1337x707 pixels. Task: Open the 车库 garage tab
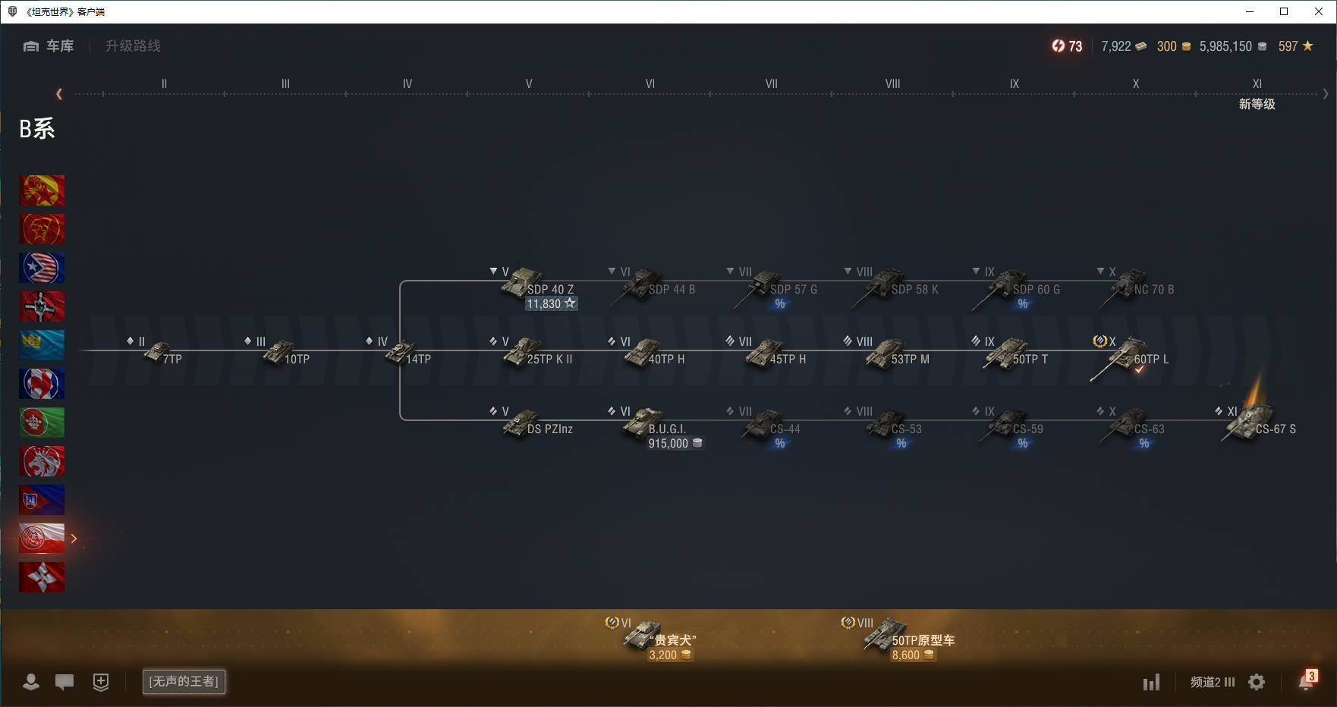tap(49, 46)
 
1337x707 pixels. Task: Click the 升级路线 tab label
tap(133, 46)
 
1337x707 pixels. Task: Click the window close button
tap(1319, 11)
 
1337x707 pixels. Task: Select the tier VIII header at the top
tap(892, 83)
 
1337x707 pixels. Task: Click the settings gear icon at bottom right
tap(1257, 682)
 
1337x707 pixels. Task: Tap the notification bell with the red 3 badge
tap(1306, 681)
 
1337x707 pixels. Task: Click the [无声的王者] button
tap(184, 681)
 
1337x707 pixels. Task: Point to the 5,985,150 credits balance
tap(1225, 46)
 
